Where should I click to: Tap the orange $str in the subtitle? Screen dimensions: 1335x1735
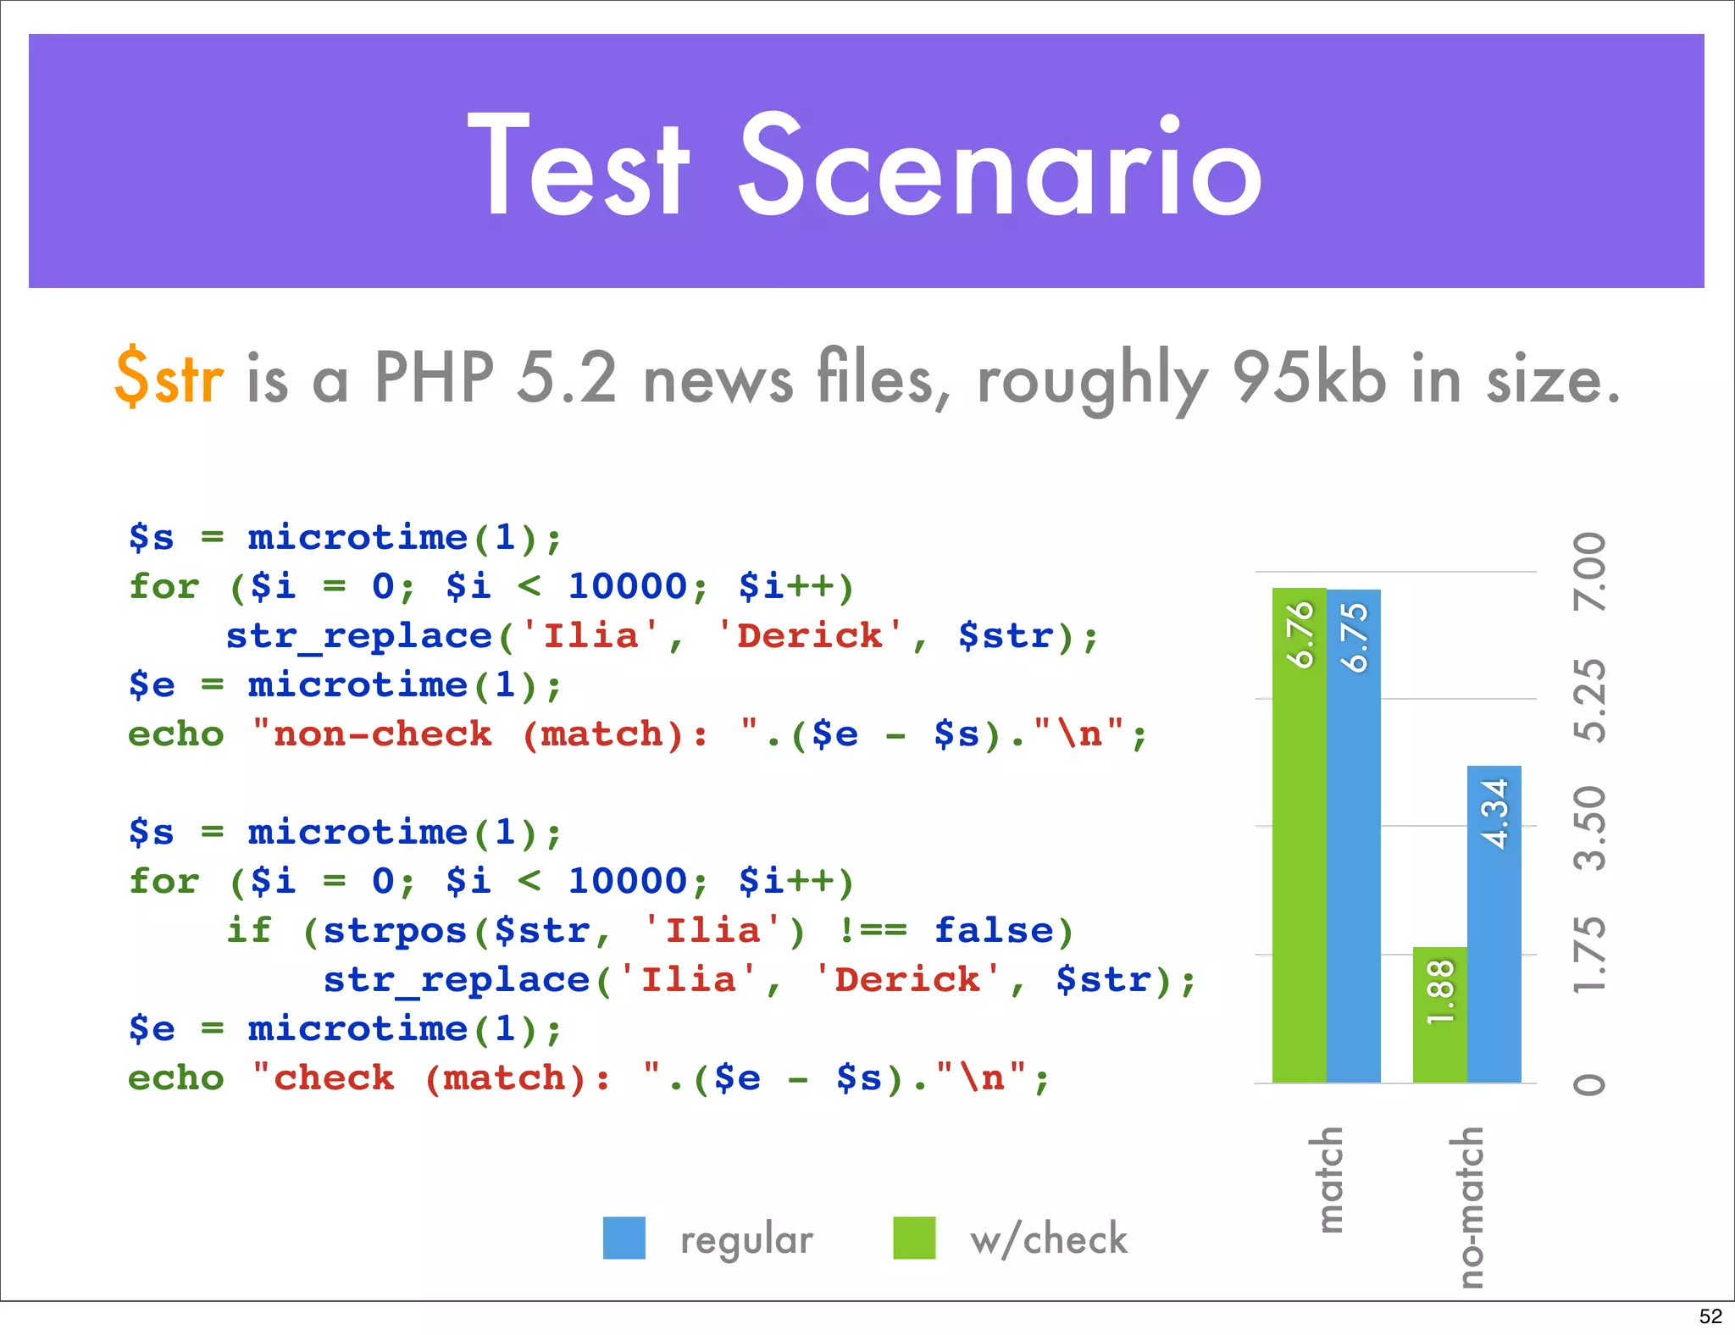(169, 377)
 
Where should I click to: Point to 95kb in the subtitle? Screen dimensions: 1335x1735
(1309, 377)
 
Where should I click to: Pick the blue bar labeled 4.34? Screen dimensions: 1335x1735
(1494, 923)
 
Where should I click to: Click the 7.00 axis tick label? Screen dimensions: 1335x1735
(1590, 572)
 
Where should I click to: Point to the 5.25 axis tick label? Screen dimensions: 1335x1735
(1590, 700)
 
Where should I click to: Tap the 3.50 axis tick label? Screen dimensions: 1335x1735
(1590, 828)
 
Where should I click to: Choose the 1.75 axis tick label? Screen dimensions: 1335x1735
(1590, 955)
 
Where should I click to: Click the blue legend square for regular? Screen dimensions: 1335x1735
(624, 1238)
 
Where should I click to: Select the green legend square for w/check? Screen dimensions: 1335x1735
(914, 1238)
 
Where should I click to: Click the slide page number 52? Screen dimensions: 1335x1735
(1710, 1316)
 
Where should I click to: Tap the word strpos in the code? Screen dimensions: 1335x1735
(395, 931)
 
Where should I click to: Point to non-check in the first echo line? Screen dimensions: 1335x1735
(382, 734)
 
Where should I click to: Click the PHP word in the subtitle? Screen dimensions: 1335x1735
(434, 377)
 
